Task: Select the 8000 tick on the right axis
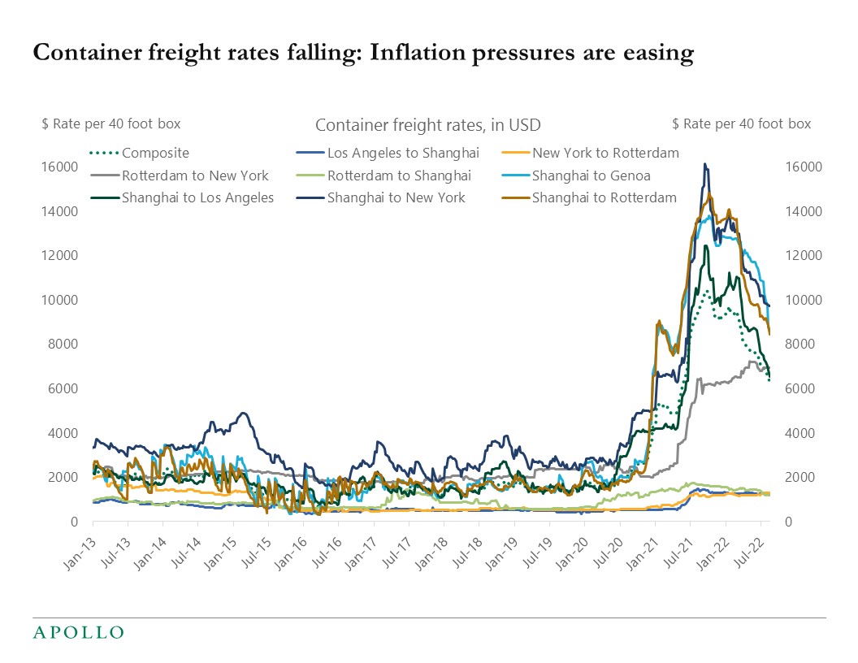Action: pyautogui.click(x=803, y=344)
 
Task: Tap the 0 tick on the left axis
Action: pyautogui.click(x=73, y=522)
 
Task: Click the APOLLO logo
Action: pyautogui.click(x=78, y=632)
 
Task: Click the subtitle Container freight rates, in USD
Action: pyautogui.click(x=427, y=125)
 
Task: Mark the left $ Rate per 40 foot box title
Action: pyautogui.click(x=111, y=123)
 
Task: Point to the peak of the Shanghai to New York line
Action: pyautogui.click(x=705, y=164)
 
